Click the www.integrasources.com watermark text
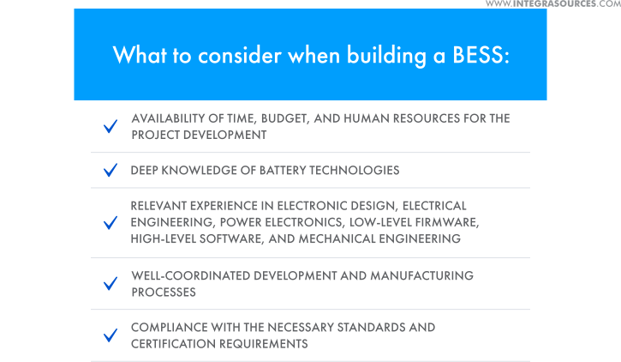coord(552,4)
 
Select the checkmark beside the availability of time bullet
coord(110,127)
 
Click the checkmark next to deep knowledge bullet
coord(110,171)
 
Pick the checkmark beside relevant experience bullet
coord(110,223)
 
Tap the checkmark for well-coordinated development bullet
coord(110,284)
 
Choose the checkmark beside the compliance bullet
coord(110,335)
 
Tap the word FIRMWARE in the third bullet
coord(451,222)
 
